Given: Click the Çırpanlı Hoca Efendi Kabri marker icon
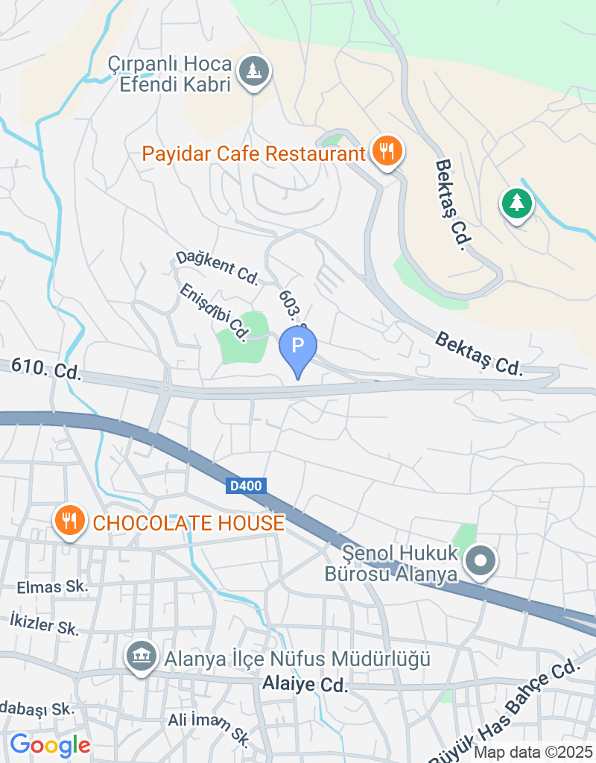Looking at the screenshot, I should coord(255,72).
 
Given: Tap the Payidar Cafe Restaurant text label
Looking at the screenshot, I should coord(253,154).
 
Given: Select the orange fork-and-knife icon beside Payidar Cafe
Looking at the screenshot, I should coord(386,151).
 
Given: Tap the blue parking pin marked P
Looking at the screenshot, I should coord(297,346).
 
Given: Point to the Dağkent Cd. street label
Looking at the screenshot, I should coord(216,267).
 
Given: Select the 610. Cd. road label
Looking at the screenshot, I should coord(46,369).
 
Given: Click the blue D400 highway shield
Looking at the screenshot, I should coord(245,486).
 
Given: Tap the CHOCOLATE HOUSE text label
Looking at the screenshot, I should coord(188,522).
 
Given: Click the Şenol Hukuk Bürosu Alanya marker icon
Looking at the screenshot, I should coord(481,560).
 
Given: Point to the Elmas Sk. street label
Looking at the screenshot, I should coord(52,587).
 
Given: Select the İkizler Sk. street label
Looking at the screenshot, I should coord(44,624).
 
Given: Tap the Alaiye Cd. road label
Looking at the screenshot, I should coord(305,685).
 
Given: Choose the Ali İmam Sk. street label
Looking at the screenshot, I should coord(208,726).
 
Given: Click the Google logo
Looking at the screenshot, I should coord(50,744).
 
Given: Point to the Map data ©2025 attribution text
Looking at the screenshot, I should coord(533,753).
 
